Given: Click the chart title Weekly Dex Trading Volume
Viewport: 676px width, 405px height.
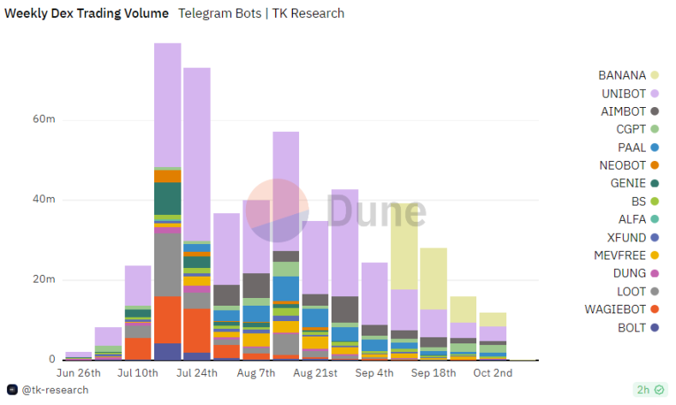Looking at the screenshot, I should pos(87,13).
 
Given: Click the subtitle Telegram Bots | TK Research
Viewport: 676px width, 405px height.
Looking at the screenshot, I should pos(261,13).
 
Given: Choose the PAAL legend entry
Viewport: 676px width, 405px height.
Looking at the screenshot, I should pos(632,147).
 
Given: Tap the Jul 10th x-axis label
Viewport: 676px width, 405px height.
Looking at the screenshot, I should pos(138,374).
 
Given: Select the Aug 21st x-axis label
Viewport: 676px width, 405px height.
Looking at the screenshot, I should pos(315,374).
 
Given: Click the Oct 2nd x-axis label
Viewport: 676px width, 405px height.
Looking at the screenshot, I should pos(493,374).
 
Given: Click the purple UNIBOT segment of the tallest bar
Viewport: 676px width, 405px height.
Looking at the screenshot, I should pos(167,103).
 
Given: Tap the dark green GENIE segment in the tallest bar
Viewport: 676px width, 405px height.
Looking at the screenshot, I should pos(167,198).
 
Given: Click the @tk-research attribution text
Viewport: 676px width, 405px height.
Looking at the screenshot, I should pos(55,390).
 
